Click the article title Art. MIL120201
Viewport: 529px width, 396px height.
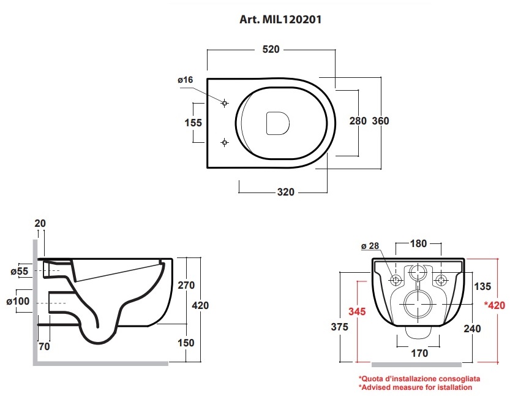[x=280, y=19]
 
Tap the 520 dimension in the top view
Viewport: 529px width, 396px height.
[x=271, y=49]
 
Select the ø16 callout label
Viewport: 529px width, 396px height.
[x=186, y=80]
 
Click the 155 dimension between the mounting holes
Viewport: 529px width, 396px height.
[x=193, y=123]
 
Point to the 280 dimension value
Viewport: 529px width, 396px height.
[x=358, y=121]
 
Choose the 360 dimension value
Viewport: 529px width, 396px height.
[x=381, y=121]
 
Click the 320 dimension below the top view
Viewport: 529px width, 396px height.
[x=286, y=192]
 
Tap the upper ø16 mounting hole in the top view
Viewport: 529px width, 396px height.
[x=225, y=103]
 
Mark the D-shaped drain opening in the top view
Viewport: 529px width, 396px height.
[x=277, y=123]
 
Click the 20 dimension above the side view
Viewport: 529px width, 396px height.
[x=40, y=223]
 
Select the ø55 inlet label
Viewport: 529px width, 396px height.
[x=20, y=272]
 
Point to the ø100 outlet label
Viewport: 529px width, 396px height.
[x=18, y=301]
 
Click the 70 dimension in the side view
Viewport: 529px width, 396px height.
[x=44, y=346]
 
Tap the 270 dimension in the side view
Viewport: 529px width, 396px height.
[x=186, y=285]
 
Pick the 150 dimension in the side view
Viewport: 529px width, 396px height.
[x=186, y=343]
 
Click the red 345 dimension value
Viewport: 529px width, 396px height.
[x=357, y=311]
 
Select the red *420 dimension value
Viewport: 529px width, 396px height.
[x=495, y=305]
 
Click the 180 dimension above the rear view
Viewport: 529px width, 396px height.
[x=418, y=243]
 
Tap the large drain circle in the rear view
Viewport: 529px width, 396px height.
[x=418, y=304]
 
